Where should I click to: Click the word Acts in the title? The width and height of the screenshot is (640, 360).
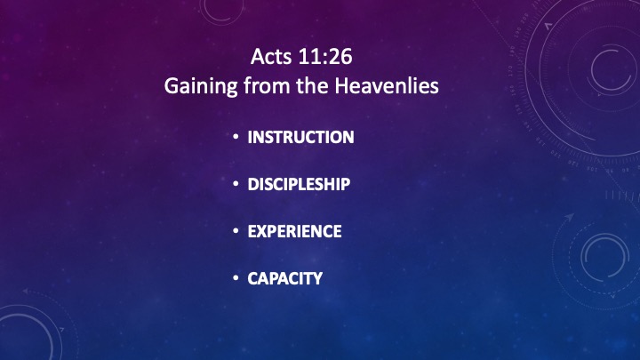(271, 56)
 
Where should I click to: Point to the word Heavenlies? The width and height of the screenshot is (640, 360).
(387, 85)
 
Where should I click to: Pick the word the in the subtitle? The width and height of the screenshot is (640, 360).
(312, 85)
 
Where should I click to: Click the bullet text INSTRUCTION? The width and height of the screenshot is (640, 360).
(300, 137)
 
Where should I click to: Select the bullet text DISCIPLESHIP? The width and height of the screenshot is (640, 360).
(299, 184)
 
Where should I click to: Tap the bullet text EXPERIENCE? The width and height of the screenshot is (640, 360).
(295, 231)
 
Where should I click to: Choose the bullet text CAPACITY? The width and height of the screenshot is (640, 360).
(285, 279)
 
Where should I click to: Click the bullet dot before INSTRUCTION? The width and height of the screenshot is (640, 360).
(236, 137)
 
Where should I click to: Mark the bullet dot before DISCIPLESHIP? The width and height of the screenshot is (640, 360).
(236, 184)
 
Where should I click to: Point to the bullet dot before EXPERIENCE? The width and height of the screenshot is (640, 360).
(236, 231)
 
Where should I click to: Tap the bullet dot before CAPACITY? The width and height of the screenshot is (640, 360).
(236, 278)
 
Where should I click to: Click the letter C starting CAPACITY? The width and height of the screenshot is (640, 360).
(253, 279)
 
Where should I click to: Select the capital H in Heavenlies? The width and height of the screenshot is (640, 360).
(341, 85)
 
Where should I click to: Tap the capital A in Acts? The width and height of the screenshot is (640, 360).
(258, 56)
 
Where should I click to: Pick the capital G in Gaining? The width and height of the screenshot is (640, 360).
(172, 86)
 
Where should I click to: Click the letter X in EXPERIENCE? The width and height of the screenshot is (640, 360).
(264, 231)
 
